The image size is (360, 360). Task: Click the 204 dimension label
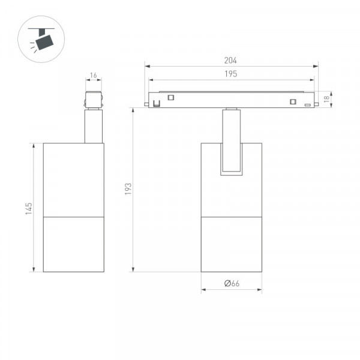click(230, 61)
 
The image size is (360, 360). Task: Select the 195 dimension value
click(231, 74)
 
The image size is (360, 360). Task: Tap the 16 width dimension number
click(94, 76)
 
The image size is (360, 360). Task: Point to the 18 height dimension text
click(326, 99)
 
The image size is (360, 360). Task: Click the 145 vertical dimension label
click(29, 209)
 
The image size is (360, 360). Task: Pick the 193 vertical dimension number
click(128, 189)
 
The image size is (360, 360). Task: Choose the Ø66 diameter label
click(232, 283)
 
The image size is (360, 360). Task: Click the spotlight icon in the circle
click(41, 40)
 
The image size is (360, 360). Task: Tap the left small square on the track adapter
click(171, 98)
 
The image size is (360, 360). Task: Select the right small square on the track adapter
click(293, 101)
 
